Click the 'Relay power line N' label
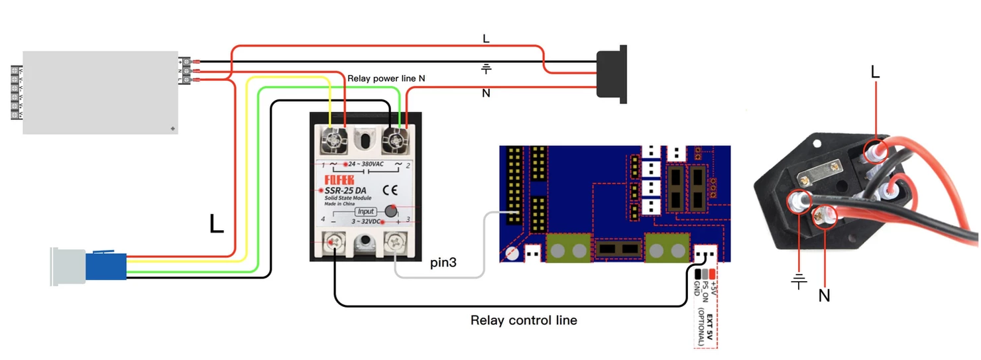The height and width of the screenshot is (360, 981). tap(386, 78)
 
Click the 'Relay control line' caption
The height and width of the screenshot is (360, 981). tap(524, 320)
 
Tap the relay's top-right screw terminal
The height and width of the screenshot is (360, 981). tap(396, 140)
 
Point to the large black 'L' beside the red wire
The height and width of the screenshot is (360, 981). tap(216, 224)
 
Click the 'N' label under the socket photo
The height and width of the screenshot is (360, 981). tap(824, 296)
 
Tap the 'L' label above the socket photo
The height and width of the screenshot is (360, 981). tap(875, 72)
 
